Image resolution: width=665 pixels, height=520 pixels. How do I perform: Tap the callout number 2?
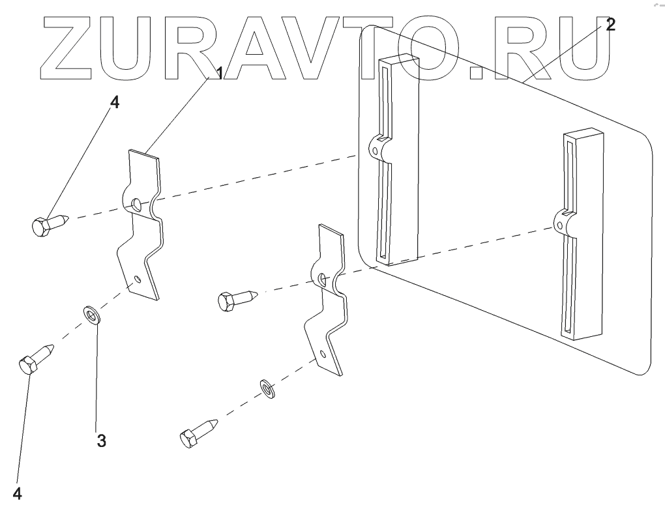(609, 25)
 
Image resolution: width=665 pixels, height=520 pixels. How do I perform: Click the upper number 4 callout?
(114, 104)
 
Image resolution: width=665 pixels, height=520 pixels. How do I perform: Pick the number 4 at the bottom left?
(18, 494)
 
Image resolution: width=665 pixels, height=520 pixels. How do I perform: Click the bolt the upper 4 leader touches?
(50, 223)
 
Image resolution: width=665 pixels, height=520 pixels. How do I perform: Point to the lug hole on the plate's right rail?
(559, 224)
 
